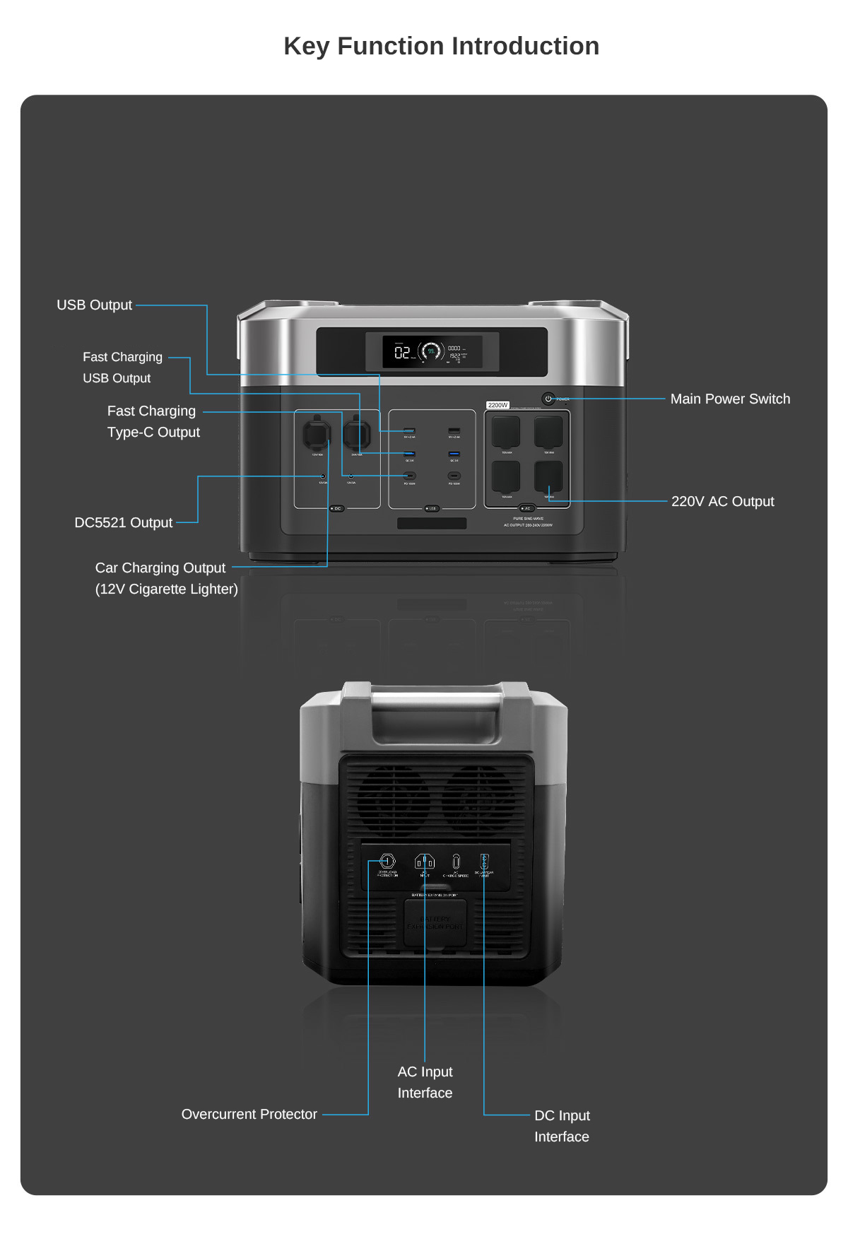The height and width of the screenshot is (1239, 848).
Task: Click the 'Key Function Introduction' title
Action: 441,47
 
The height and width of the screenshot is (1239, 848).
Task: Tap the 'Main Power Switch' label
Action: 730,399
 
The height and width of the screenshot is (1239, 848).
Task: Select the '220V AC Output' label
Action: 722,502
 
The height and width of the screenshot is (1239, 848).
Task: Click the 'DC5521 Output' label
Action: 124,523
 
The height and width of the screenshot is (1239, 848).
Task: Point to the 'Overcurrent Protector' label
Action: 249,1115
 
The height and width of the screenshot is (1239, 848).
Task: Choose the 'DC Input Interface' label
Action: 562,1126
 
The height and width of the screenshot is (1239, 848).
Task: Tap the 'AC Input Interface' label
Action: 425,1082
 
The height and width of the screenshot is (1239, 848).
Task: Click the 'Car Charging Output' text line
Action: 160,568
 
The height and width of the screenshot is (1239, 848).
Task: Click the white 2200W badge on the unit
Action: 497,405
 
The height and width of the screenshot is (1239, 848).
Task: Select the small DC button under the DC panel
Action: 337,509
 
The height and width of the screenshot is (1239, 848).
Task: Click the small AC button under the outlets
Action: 526,509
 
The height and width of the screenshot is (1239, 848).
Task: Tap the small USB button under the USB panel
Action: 432,509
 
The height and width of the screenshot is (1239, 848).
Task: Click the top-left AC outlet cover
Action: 506,431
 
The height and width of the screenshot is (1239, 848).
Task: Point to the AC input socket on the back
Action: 424,862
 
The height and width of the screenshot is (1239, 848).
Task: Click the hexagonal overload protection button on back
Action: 387,861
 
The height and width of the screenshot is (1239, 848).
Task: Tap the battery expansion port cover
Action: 435,923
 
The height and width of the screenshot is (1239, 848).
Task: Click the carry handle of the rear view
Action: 436,700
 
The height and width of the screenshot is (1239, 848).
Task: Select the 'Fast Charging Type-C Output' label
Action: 153,422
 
